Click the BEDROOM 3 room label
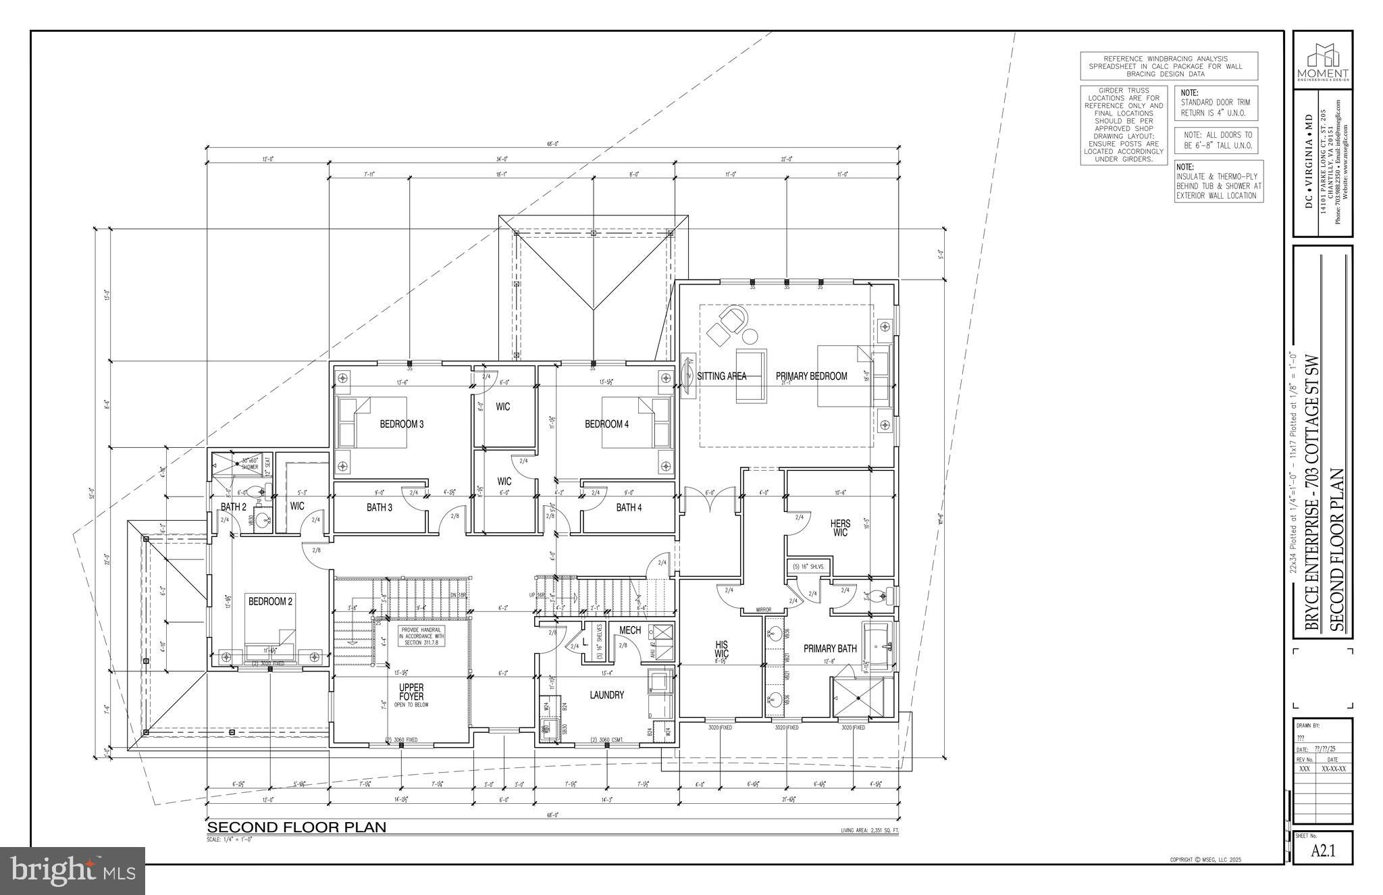(401, 424)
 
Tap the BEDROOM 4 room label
(606, 424)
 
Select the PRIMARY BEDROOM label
(811, 376)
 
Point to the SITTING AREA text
(721, 376)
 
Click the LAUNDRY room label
(606, 694)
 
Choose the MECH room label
(629, 630)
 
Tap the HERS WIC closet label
(840, 528)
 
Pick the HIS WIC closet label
(721, 649)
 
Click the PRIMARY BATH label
(829, 648)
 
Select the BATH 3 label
(379, 507)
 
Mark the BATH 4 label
(628, 507)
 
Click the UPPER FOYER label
(411, 692)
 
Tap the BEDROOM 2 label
(270, 601)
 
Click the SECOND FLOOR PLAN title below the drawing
(296, 827)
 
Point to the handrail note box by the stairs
(421, 636)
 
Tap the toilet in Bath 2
(256, 491)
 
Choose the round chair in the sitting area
(733, 317)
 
